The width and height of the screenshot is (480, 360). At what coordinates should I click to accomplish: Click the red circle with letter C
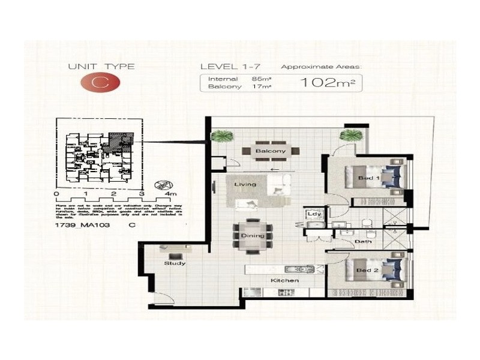click(101, 83)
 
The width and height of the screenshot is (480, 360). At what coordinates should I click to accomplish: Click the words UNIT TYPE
click(101, 67)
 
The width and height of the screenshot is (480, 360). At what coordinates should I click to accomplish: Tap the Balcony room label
click(270, 151)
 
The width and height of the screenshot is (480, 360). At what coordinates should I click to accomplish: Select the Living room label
click(245, 184)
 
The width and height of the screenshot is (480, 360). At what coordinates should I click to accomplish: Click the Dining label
click(253, 236)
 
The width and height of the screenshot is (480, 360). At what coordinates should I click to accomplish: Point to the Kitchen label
click(284, 281)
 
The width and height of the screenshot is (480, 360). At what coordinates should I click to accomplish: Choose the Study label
click(175, 263)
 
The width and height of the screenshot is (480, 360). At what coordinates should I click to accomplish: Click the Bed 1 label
click(366, 178)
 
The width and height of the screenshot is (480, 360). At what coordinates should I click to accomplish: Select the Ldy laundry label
click(314, 214)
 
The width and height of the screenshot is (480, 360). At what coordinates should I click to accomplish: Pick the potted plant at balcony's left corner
click(221, 137)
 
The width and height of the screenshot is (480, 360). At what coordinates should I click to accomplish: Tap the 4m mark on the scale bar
click(170, 194)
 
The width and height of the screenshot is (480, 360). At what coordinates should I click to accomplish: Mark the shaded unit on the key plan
click(121, 144)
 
